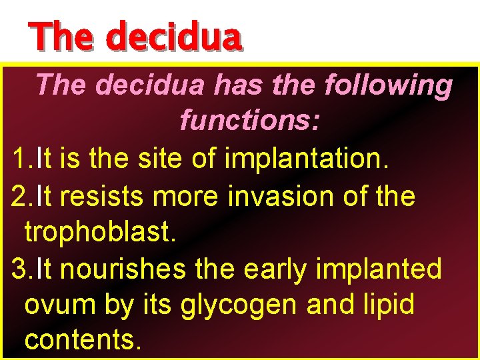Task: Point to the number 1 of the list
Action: tap(19, 160)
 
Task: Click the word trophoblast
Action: tap(99, 233)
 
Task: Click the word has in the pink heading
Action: tap(241, 85)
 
